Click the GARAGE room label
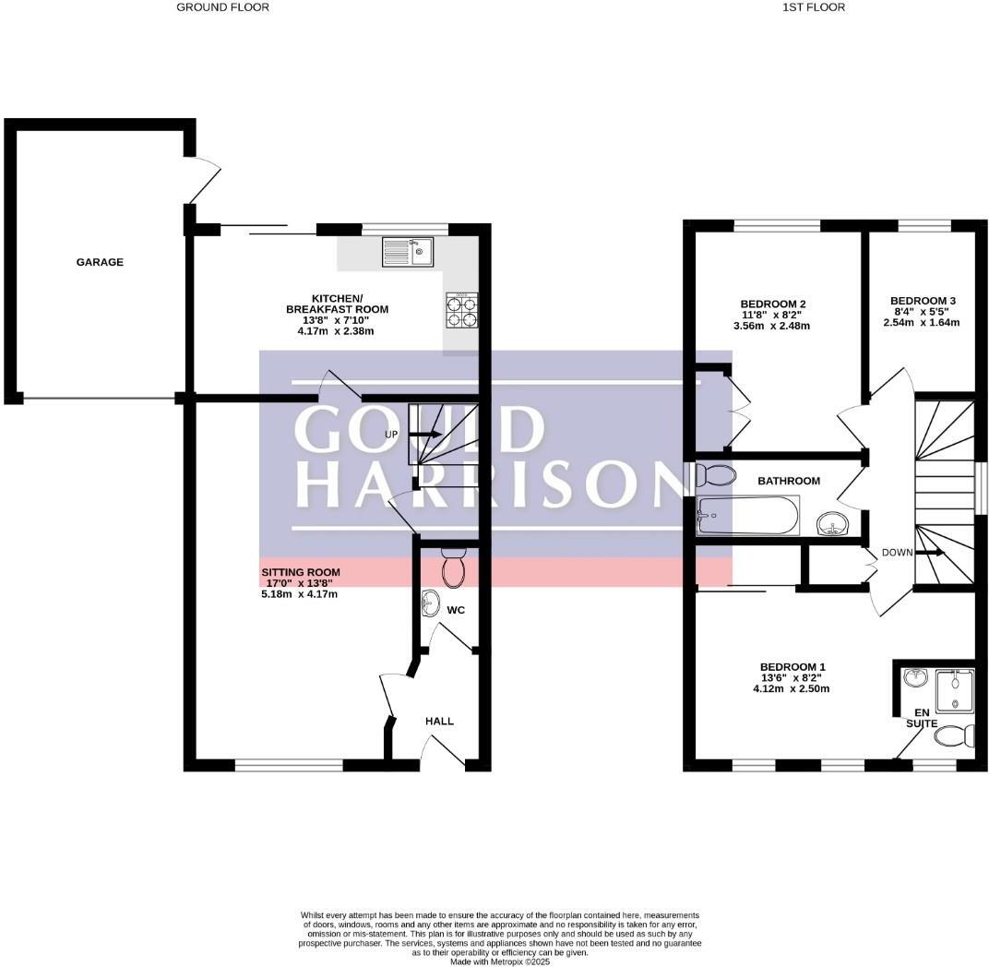pos(100,262)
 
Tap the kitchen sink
pos(408,252)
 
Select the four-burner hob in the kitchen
pos(462,309)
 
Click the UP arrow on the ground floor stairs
pos(425,434)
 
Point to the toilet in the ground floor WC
pos(454,567)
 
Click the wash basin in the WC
pos(431,604)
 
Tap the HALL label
pos(439,721)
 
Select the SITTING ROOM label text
pos(296,572)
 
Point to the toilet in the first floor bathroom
pos(715,476)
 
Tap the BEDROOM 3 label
pos(923,301)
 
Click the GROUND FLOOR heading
pos(222,7)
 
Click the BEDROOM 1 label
pos(792,667)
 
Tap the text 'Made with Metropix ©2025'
pos(501,961)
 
